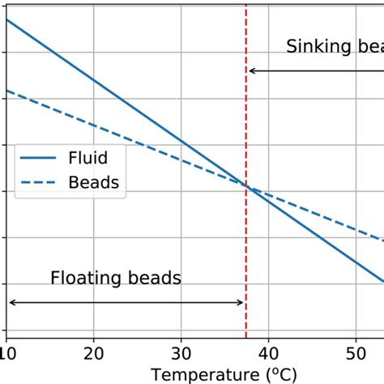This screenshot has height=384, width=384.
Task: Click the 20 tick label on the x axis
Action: click(94, 354)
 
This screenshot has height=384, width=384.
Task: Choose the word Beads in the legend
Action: click(94, 182)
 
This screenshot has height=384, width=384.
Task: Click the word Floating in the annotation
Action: click(86, 279)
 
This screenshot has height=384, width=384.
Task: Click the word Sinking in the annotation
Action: click(316, 47)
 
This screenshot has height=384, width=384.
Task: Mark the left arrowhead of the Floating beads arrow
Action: click(11, 303)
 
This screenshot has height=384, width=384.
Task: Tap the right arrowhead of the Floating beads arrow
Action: click(241, 303)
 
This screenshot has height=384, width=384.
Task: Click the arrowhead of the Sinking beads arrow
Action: click(252, 71)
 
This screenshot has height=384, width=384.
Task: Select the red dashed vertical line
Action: click(245, 243)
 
